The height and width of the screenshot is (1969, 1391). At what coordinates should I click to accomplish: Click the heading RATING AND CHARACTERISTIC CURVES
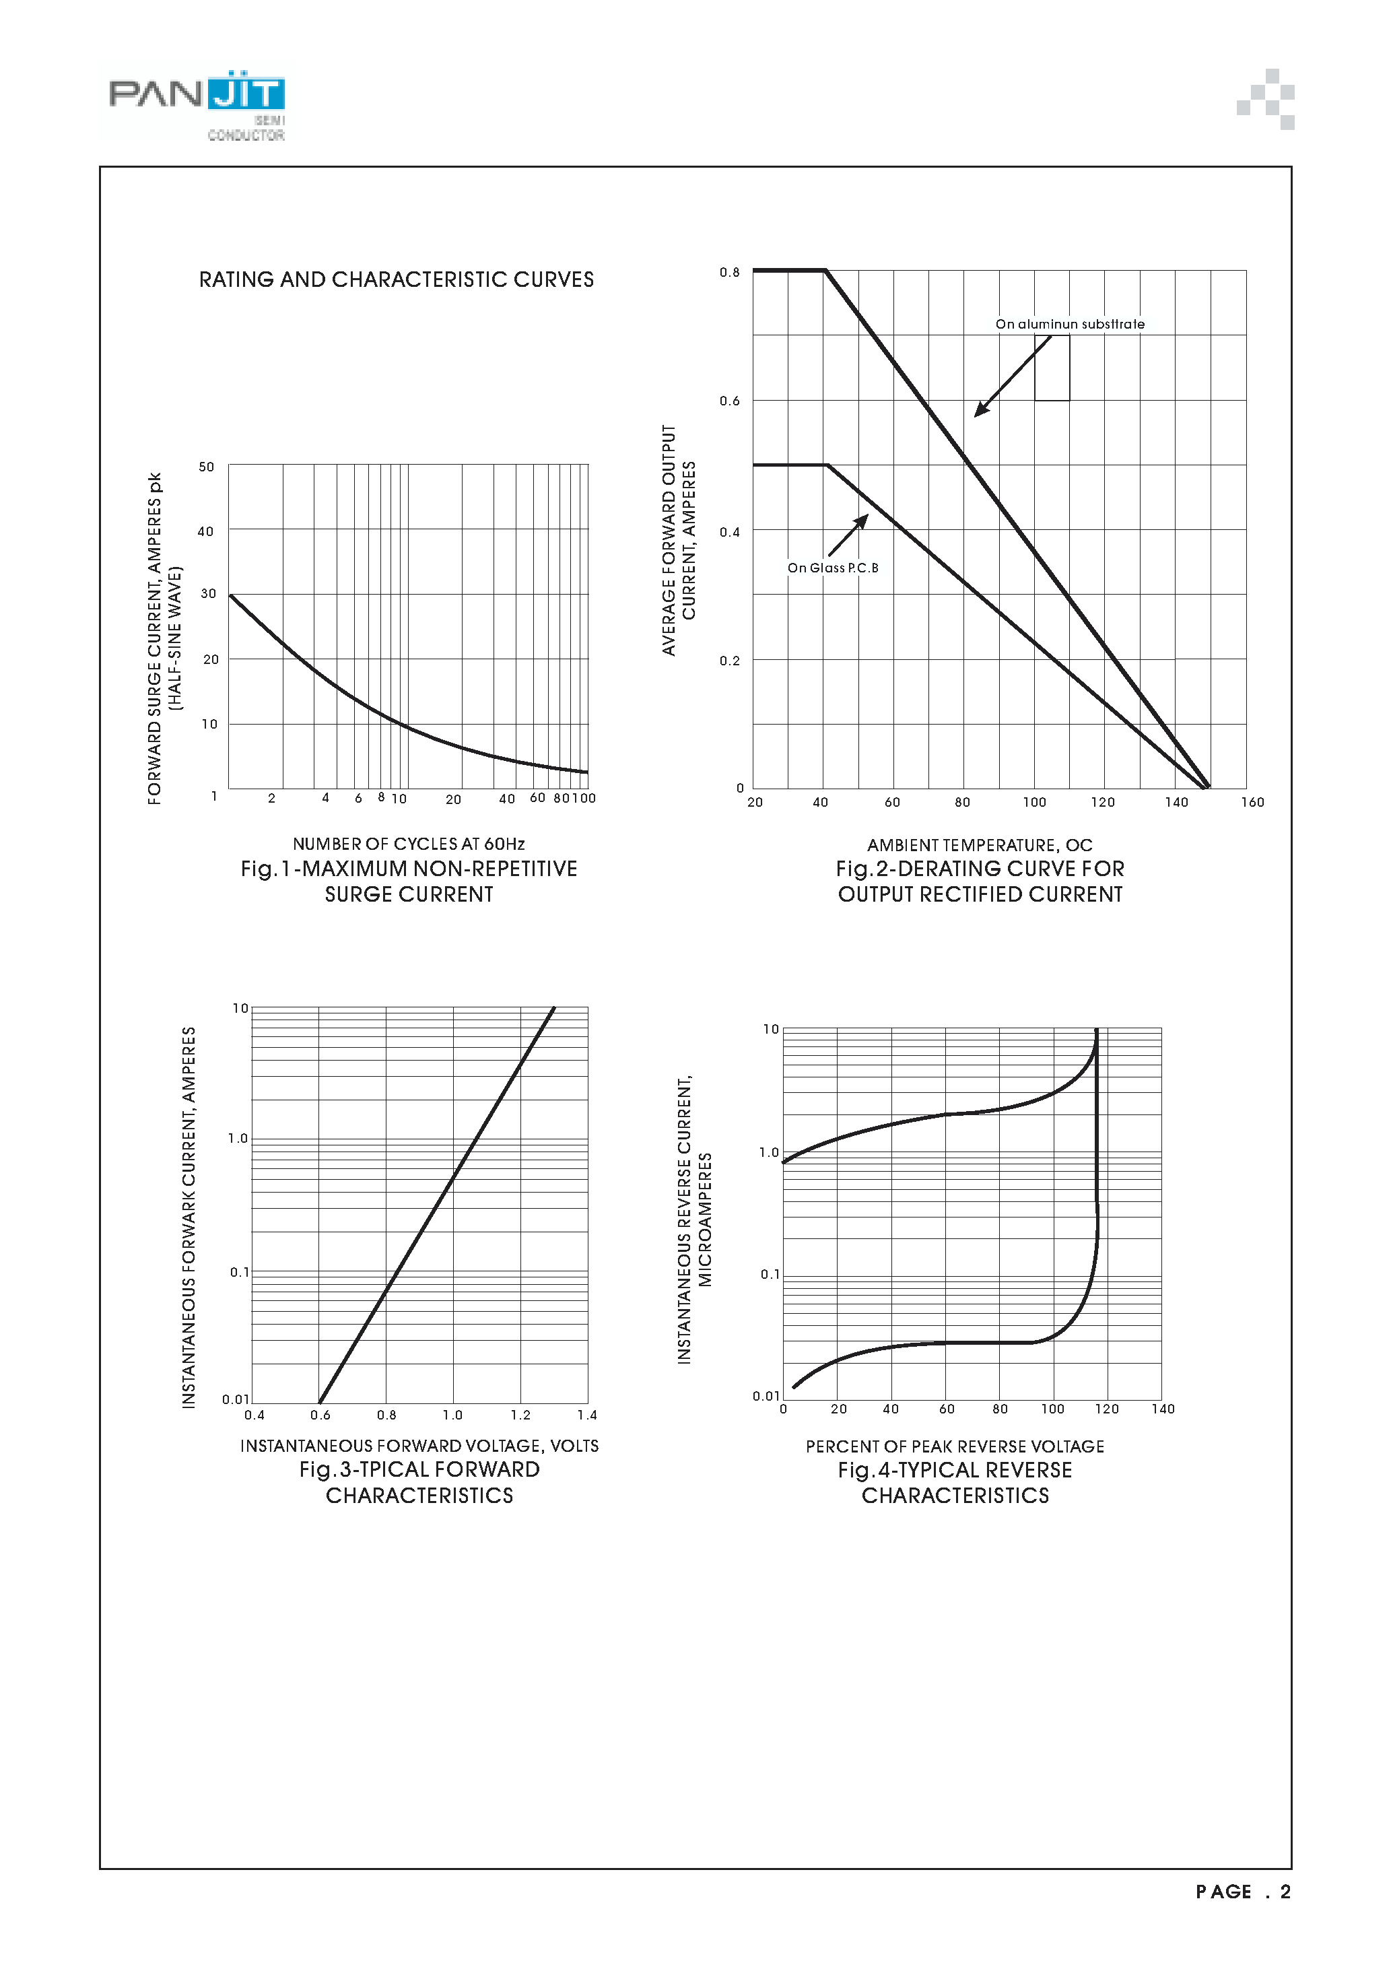click(x=396, y=279)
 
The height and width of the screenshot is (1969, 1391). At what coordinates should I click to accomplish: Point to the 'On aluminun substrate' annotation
click(x=1069, y=324)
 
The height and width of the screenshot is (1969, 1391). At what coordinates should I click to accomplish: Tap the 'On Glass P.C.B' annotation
click(x=833, y=568)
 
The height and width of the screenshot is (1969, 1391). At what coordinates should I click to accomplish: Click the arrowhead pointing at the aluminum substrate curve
click(x=980, y=411)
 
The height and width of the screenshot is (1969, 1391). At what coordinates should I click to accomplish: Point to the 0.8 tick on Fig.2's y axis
click(x=729, y=273)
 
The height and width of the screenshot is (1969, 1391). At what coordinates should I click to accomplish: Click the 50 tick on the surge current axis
click(x=207, y=467)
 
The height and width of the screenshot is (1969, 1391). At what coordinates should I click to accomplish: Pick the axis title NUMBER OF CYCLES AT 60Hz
click(x=409, y=844)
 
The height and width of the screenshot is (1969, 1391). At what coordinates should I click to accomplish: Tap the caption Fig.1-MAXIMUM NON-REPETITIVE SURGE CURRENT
click(x=409, y=881)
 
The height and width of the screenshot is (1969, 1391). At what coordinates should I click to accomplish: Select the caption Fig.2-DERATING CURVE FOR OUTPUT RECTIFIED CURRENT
click(x=980, y=881)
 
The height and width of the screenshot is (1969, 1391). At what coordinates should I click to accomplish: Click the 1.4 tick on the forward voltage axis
click(x=586, y=1415)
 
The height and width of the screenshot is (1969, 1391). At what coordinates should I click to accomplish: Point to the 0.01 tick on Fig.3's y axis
click(x=235, y=1399)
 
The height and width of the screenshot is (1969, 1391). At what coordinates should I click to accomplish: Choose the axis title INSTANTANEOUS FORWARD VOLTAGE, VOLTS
click(x=419, y=1446)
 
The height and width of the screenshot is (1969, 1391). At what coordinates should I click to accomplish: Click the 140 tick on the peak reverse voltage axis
click(x=1163, y=1409)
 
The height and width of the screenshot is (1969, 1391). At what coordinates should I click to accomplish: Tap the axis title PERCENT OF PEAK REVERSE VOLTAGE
click(x=955, y=1446)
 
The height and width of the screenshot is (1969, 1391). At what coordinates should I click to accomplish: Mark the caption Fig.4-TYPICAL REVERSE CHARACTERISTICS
click(x=955, y=1483)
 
